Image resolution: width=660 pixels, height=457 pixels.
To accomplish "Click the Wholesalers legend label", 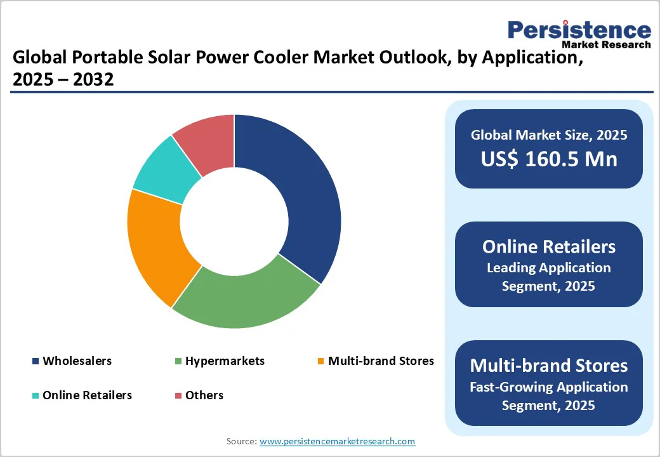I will [77, 361].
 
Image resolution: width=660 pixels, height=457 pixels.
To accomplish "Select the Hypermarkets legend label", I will [225, 361].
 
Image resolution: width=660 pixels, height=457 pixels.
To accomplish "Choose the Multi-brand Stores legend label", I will [381, 361].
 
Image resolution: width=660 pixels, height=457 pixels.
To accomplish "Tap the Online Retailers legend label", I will [87, 395].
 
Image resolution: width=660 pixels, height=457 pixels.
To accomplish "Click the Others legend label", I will [204, 395].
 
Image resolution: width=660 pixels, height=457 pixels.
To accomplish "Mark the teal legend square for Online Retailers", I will [36, 396].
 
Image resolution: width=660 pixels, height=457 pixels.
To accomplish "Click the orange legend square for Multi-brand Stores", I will [321, 362].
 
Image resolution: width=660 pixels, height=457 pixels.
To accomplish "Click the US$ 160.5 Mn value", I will [548, 159].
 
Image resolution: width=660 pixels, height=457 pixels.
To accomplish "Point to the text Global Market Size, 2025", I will [548, 135].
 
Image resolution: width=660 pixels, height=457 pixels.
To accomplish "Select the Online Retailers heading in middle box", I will [548, 246].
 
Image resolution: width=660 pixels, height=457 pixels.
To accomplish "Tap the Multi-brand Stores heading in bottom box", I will [548, 366].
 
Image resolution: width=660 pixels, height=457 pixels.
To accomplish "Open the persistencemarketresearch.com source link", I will [337, 441].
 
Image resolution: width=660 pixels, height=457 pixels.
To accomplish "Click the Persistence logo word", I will [579, 30].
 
